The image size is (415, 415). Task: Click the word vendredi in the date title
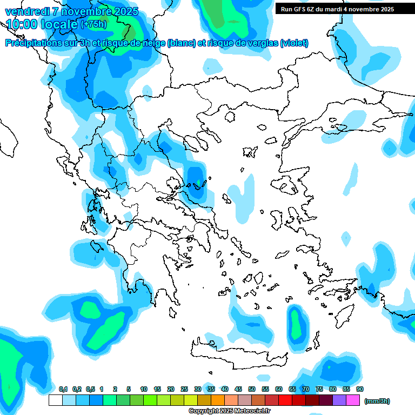[x=27, y=11]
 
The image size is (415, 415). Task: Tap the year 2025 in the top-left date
[x=122, y=11]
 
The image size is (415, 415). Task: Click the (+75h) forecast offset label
[x=94, y=24]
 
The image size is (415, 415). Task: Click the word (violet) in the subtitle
[x=294, y=43]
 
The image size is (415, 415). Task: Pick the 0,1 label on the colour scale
[x=63, y=389]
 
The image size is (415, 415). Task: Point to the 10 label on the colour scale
[x=144, y=389]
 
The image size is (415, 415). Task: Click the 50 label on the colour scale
[x=252, y=389]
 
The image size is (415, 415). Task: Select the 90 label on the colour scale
[x=360, y=389]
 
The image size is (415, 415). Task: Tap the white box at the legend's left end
[x=55, y=400]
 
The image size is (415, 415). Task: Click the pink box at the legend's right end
[x=353, y=400]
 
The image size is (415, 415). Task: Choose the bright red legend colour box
[x=285, y=400]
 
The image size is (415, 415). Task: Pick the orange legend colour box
[x=218, y=400]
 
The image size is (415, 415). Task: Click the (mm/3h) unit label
[x=377, y=401]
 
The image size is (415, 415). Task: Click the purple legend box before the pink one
[x=339, y=400]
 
